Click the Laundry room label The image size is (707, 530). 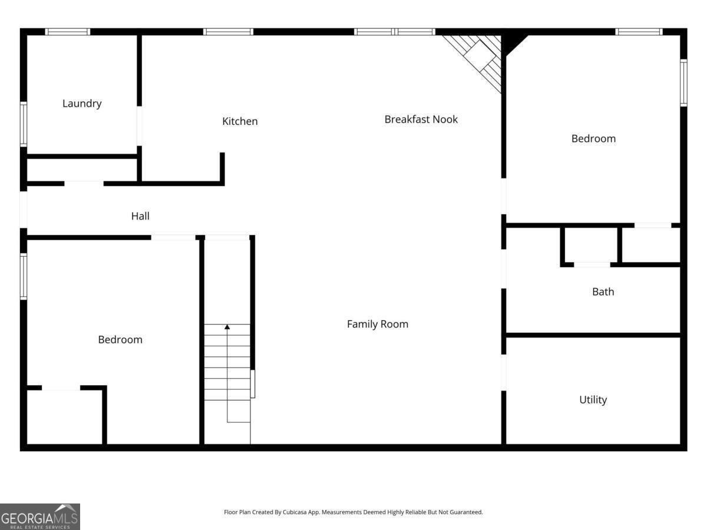82,104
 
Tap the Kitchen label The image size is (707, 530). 240,121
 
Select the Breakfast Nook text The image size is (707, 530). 421,120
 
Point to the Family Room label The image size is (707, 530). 377,324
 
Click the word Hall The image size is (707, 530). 140,216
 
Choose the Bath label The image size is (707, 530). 603,291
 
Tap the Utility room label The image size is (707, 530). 593,400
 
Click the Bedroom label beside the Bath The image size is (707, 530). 593,139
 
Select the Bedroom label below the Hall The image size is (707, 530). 120,340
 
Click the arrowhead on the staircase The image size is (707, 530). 227,327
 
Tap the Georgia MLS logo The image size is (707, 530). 40,517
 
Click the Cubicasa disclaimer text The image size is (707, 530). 353,512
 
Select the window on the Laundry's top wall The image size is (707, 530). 67,32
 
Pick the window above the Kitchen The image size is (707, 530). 228,32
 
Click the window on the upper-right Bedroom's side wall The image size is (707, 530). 683,82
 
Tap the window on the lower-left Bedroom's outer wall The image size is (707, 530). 24,276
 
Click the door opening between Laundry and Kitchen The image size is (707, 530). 139,126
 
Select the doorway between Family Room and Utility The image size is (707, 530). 504,373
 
